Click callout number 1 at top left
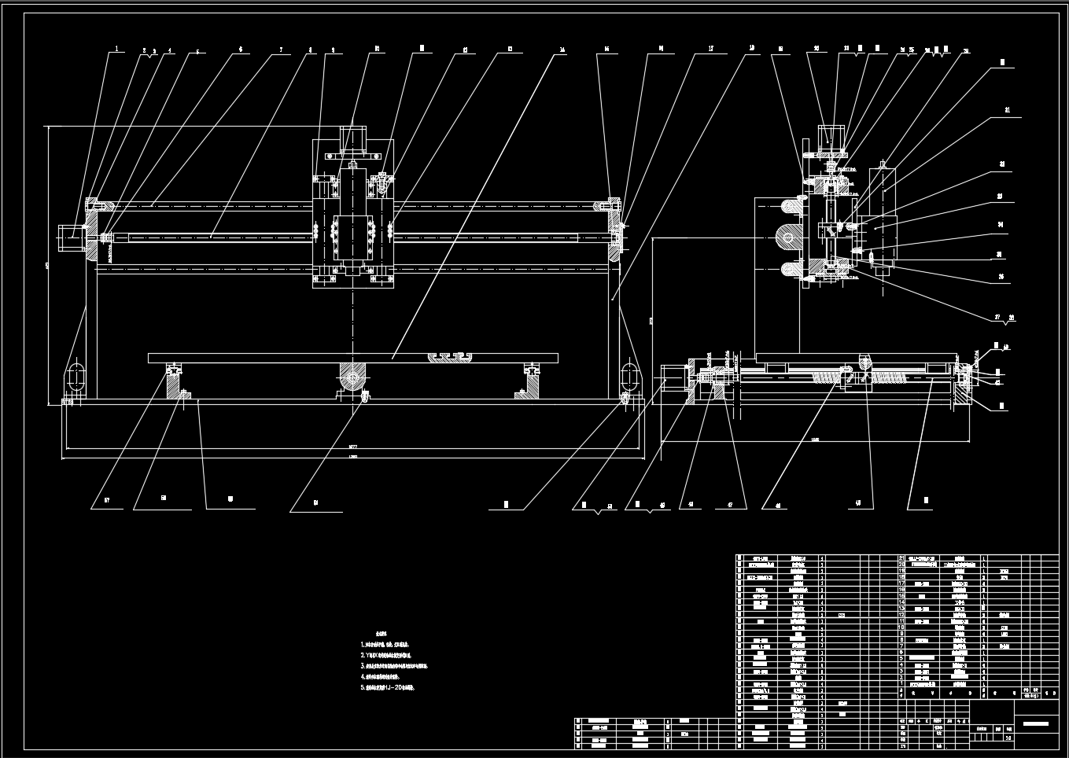117,48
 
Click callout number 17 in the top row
711,49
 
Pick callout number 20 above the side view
816,48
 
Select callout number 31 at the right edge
1007,111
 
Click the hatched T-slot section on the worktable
451,359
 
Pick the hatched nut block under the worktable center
352,377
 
